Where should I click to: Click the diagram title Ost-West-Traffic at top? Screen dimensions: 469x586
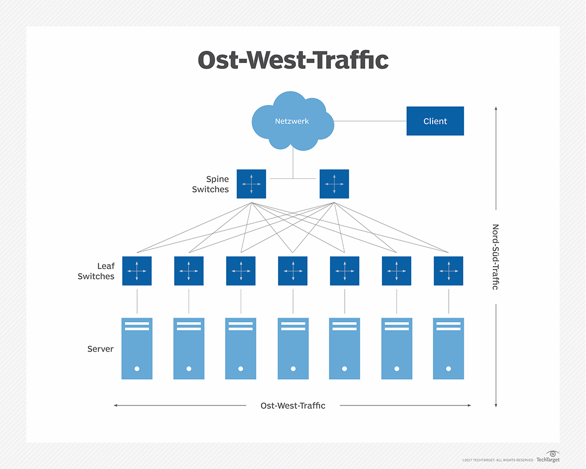click(x=293, y=60)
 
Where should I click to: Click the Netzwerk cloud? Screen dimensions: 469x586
click(x=292, y=121)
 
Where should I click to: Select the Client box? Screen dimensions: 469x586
click(x=435, y=121)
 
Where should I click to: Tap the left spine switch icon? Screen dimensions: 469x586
click(x=251, y=184)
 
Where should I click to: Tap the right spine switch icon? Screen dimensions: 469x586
click(x=334, y=184)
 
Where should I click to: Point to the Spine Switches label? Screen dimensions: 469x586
click(x=210, y=184)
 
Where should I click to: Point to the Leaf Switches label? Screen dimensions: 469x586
click(x=96, y=271)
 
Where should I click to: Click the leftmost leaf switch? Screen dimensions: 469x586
click(x=137, y=271)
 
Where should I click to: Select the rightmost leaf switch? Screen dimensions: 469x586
click(x=448, y=271)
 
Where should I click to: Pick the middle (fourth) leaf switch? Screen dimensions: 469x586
click(x=293, y=271)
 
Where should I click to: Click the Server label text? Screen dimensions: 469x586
click(x=100, y=349)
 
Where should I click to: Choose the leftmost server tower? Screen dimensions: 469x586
click(x=137, y=348)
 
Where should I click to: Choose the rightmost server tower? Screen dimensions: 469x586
click(x=448, y=348)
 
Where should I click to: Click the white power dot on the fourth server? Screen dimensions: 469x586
click(x=293, y=369)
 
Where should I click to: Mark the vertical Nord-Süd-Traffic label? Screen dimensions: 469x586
click(x=495, y=257)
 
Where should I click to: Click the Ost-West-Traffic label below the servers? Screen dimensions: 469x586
click(x=293, y=405)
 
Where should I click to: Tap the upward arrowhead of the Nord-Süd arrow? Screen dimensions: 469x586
click(x=496, y=108)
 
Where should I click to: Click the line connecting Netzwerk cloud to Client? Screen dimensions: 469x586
click(x=370, y=121)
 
